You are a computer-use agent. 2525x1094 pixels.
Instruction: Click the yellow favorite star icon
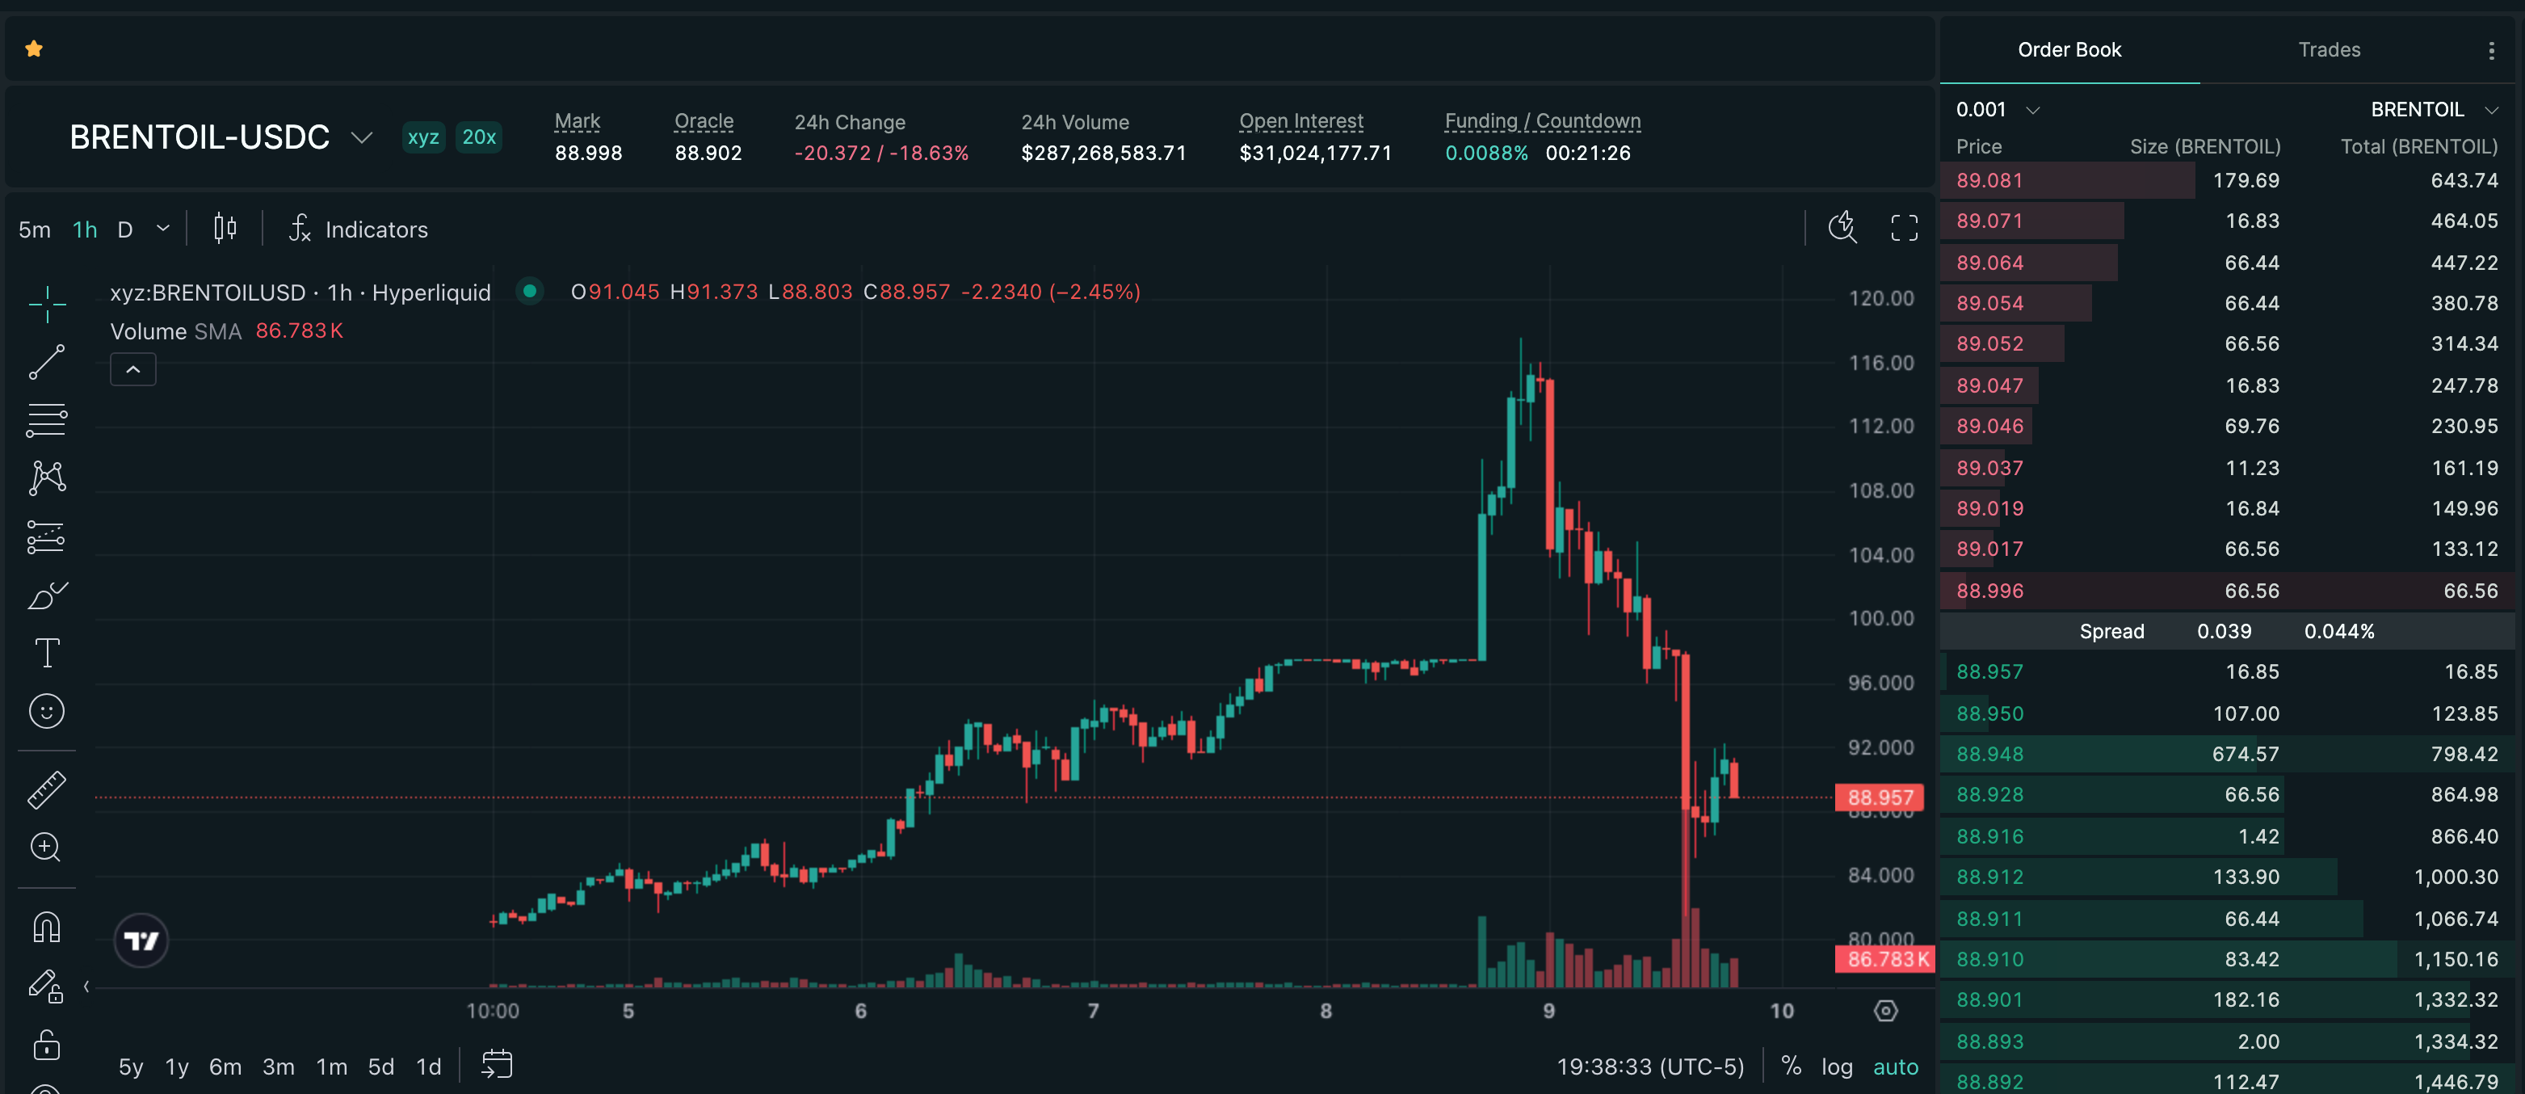click(34, 49)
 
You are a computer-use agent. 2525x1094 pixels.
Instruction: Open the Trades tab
click(2329, 50)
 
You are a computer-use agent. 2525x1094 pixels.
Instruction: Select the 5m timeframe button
click(34, 229)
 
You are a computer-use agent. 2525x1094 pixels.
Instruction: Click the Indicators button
click(359, 229)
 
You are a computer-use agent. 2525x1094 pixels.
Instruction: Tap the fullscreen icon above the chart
click(1904, 229)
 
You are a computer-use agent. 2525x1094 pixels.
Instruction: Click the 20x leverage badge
click(478, 137)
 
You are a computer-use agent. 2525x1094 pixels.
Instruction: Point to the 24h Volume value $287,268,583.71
click(1103, 153)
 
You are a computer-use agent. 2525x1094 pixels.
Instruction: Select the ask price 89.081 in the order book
click(1989, 180)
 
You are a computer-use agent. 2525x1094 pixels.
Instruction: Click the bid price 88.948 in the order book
click(1989, 754)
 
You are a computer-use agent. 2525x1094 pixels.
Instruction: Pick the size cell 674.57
click(2246, 754)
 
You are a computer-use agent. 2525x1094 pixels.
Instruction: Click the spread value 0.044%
click(2338, 631)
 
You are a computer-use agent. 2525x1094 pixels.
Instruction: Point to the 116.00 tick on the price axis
click(1880, 363)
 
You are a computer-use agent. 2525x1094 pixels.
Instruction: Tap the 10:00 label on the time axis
click(492, 1011)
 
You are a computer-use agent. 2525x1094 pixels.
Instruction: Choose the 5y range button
click(130, 1067)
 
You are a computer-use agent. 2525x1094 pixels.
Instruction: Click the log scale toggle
click(1836, 1067)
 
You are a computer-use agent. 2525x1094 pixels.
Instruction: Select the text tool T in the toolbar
click(47, 653)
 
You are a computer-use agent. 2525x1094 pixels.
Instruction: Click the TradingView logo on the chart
click(141, 941)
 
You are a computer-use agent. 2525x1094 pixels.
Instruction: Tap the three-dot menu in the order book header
click(2491, 51)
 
